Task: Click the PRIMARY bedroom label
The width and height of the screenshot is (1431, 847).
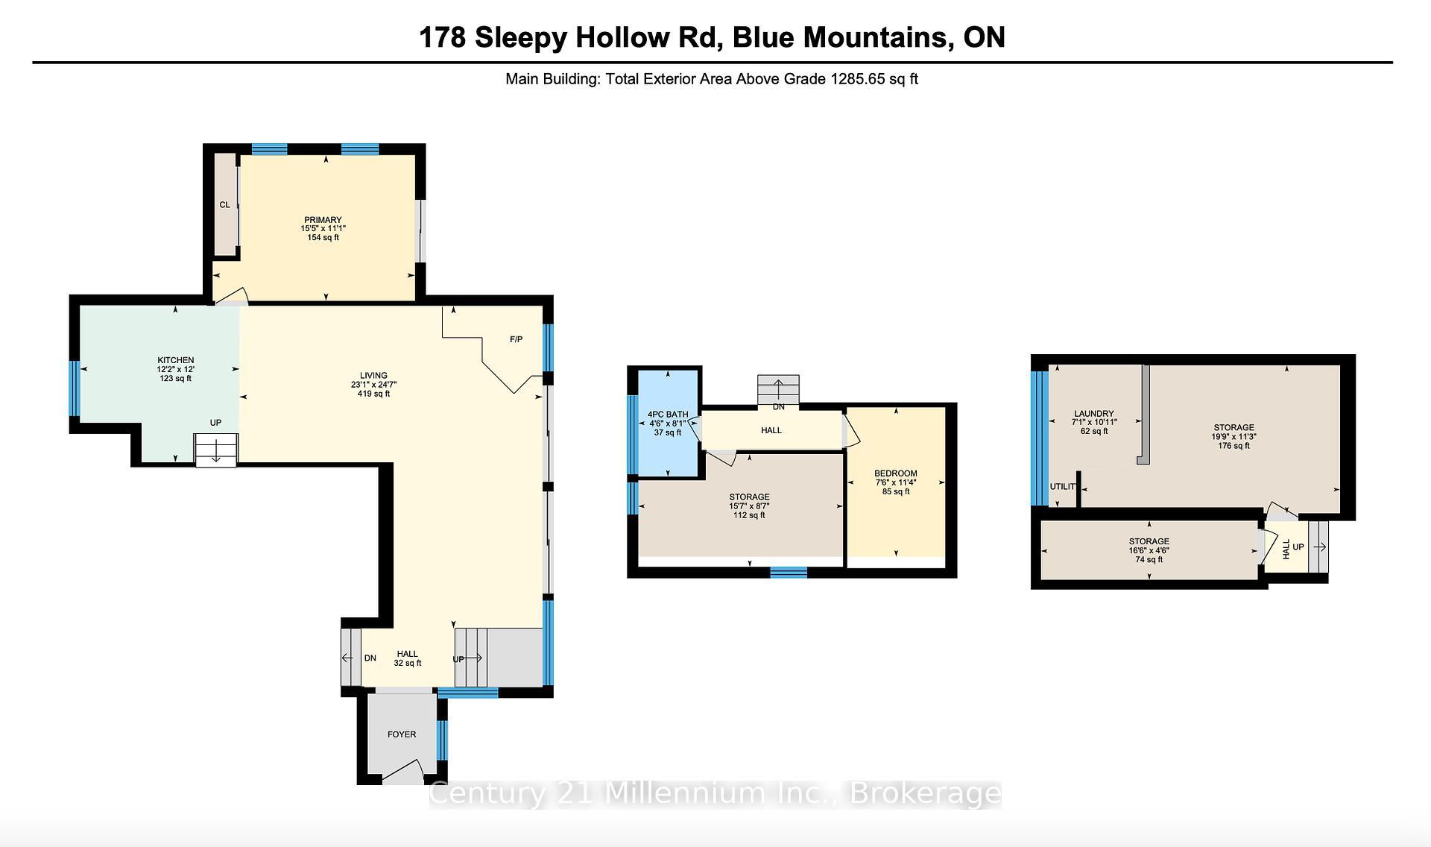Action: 323,220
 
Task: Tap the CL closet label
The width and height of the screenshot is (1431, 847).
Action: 224,204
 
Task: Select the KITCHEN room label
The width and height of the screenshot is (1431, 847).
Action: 175,360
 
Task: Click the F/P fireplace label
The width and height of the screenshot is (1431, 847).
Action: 516,339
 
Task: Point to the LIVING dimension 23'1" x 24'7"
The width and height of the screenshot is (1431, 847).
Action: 373,385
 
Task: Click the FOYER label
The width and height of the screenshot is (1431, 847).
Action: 401,734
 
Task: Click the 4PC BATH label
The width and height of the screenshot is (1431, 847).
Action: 667,415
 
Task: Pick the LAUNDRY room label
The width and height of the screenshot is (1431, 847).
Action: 1093,414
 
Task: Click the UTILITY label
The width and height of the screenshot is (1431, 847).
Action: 1064,487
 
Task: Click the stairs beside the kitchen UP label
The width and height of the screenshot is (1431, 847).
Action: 216,450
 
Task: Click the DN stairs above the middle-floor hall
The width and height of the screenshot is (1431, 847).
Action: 778,390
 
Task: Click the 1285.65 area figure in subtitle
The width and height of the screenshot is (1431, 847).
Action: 857,79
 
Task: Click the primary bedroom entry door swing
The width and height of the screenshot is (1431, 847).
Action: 233,297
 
